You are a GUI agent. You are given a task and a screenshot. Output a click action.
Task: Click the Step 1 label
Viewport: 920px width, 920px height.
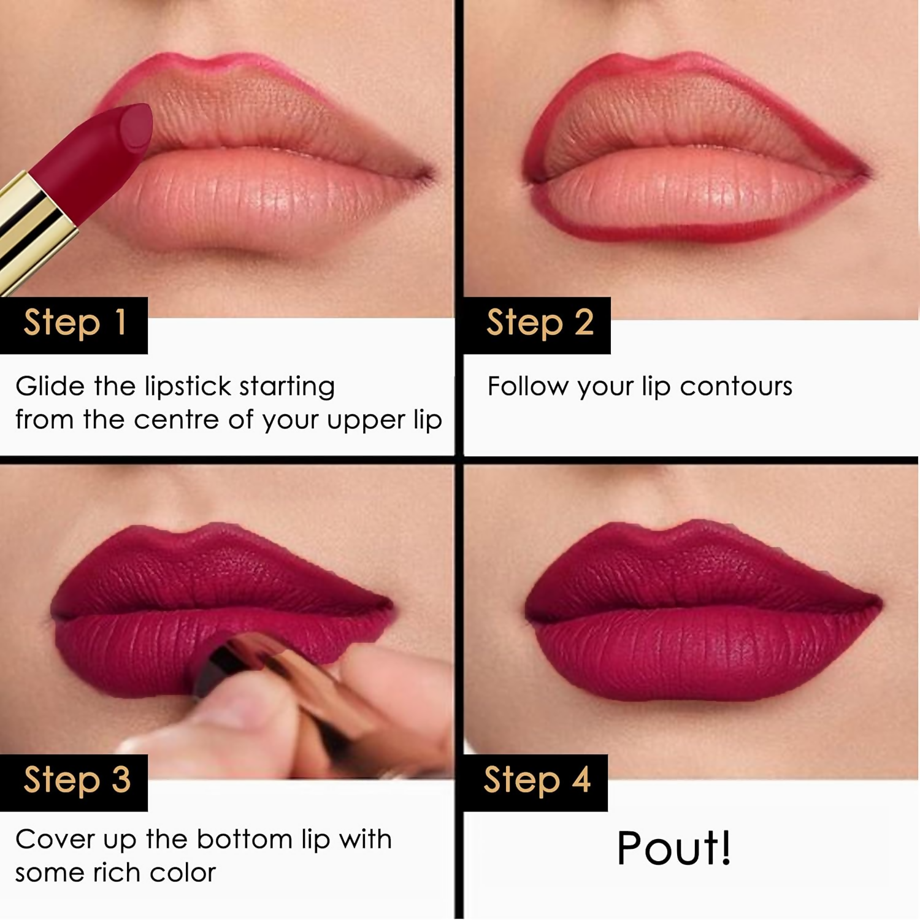[x=74, y=323]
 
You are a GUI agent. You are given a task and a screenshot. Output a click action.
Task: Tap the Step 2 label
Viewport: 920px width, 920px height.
[x=539, y=323]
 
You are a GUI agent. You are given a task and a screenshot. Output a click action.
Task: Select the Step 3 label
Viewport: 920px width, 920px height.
[x=76, y=781]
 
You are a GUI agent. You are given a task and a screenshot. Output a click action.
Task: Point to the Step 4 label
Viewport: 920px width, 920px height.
[x=536, y=781]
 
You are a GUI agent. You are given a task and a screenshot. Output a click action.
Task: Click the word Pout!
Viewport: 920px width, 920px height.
[x=673, y=849]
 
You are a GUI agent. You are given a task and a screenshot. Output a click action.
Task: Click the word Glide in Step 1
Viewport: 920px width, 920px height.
[x=50, y=386]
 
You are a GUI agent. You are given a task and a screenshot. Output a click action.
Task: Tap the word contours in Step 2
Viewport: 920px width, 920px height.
[x=735, y=386]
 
